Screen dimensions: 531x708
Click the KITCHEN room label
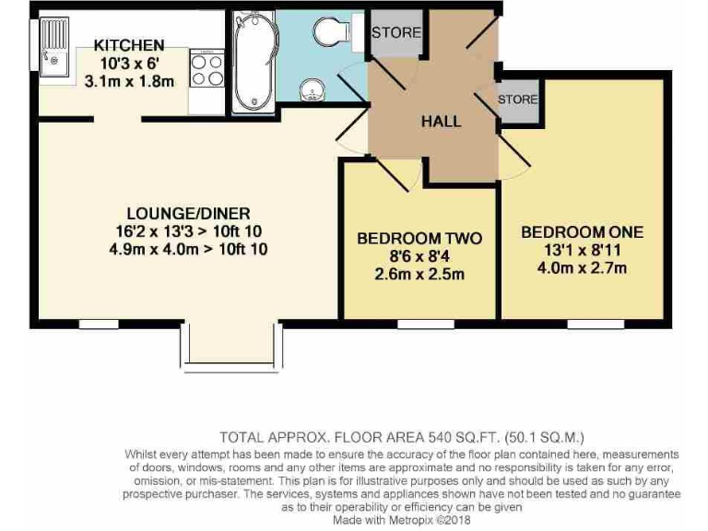[x=129, y=45]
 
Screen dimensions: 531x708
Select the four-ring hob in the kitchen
[x=207, y=69]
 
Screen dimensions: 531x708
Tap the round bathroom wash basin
[x=313, y=90]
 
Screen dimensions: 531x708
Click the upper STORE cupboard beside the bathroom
[x=395, y=33]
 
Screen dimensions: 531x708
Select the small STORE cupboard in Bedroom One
[x=517, y=100]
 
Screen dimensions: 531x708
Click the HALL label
[x=441, y=121]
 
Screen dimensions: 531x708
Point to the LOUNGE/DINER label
[x=190, y=213]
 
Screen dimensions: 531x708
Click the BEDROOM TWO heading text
[x=419, y=239]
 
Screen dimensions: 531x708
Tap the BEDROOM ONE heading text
[x=582, y=231]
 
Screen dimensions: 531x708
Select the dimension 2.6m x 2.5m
[x=419, y=274]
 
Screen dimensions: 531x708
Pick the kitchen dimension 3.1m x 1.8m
[x=129, y=80]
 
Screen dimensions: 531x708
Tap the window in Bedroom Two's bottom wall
[x=425, y=324]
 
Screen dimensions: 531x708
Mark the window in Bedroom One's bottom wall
[x=594, y=324]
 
